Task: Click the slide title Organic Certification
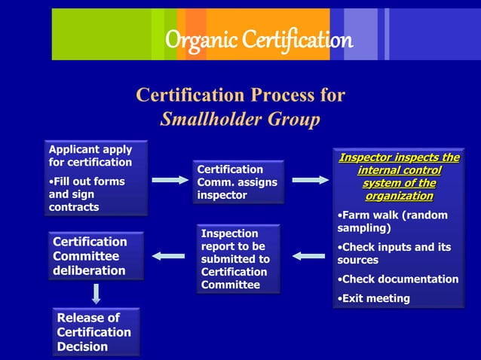[259, 39]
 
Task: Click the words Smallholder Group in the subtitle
[240, 119]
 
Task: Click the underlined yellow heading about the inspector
[399, 176]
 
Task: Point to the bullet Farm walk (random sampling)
[392, 221]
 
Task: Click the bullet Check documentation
[397, 279]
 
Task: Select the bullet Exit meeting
[374, 298]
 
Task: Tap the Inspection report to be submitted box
[238, 259]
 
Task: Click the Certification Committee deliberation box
[96, 256]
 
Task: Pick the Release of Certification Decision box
[96, 332]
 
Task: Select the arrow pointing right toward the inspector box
[309, 180]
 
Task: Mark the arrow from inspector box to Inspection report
[308, 256]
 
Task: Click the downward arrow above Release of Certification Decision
[97, 292]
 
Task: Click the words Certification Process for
[240, 96]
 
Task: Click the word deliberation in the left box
[89, 270]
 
